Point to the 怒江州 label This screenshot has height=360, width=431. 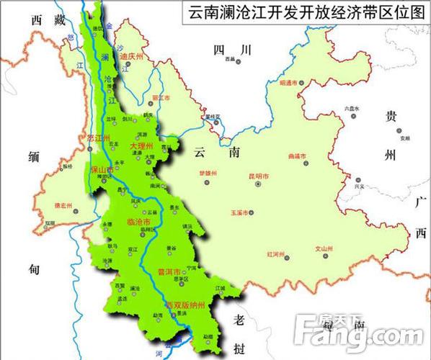pyautogui.click(x=97, y=138)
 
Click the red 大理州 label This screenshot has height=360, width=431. pyautogui.click(x=142, y=146)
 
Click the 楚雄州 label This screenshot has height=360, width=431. pyautogui.click(x=207, y=174)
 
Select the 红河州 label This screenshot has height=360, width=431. pyautogui.click(x=276, y=254)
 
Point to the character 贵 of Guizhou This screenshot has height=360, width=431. pyautogui.click(x=390, y=117)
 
